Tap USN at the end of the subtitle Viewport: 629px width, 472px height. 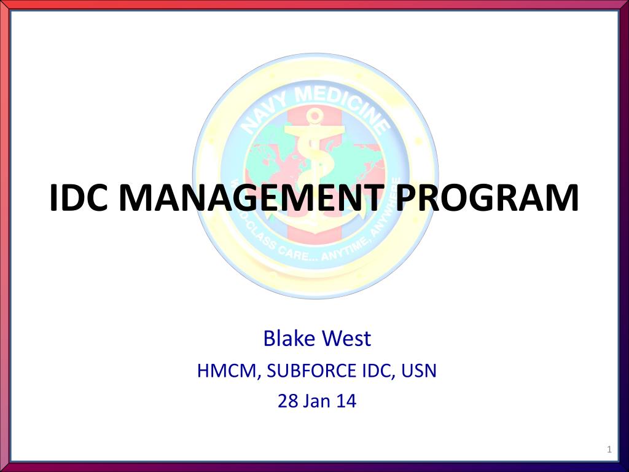tap(418, 371)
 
